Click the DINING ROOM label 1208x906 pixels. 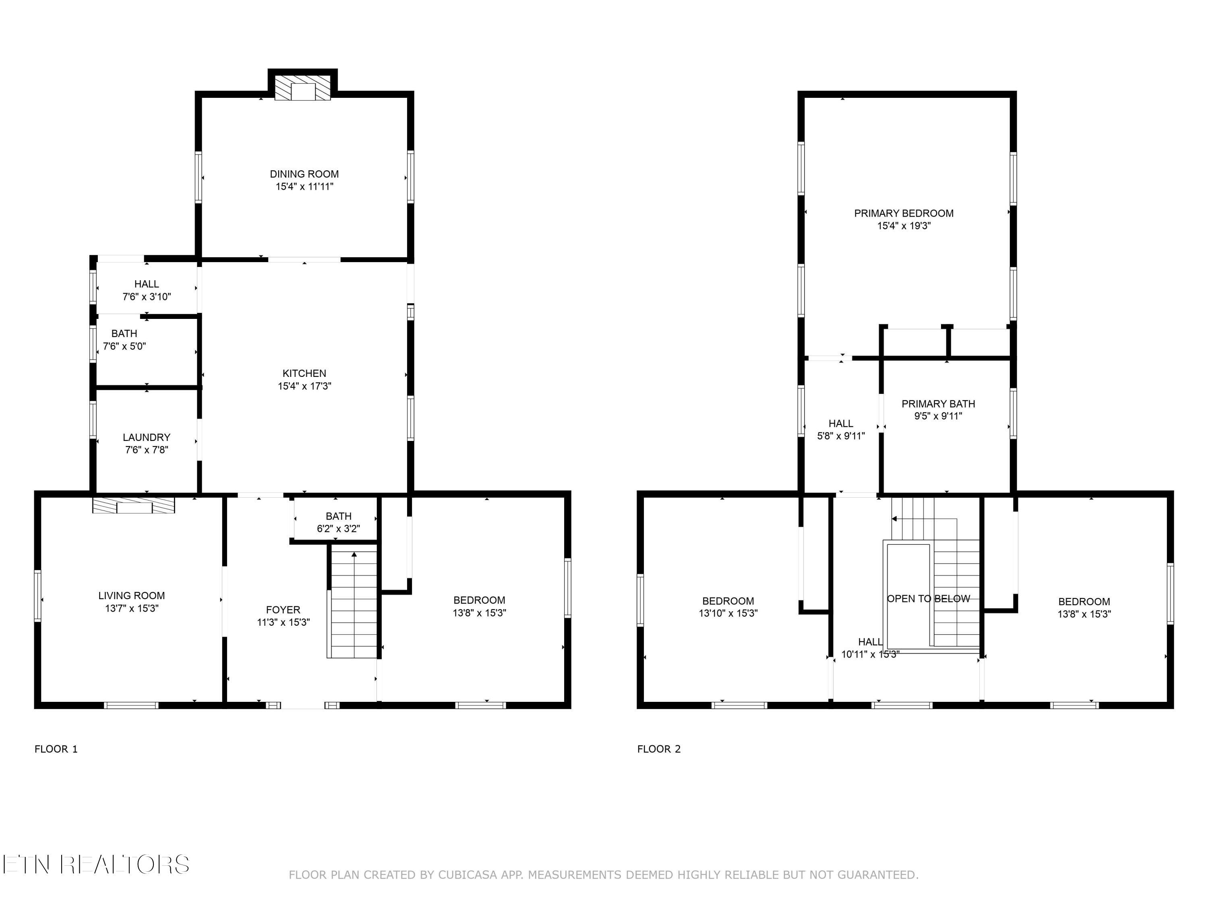(x=304, y=174)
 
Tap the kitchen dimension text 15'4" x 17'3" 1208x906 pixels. (x=304, y=386)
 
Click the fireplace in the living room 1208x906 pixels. (x=134, y=505)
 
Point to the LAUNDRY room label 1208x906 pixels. (x=146, y=437)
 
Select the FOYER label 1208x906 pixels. (x=283, y=610)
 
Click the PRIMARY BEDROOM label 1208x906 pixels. (x=904, y=213)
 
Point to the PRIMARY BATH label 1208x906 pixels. (x=938, y=403)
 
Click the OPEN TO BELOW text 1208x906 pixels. (x=929, y=598)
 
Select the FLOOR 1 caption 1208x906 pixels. (x=56, y=749)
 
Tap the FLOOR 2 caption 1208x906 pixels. (x=659, y=749)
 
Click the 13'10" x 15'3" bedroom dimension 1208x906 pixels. (x=728, y=613)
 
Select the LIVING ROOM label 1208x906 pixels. (x=132, y=595)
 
